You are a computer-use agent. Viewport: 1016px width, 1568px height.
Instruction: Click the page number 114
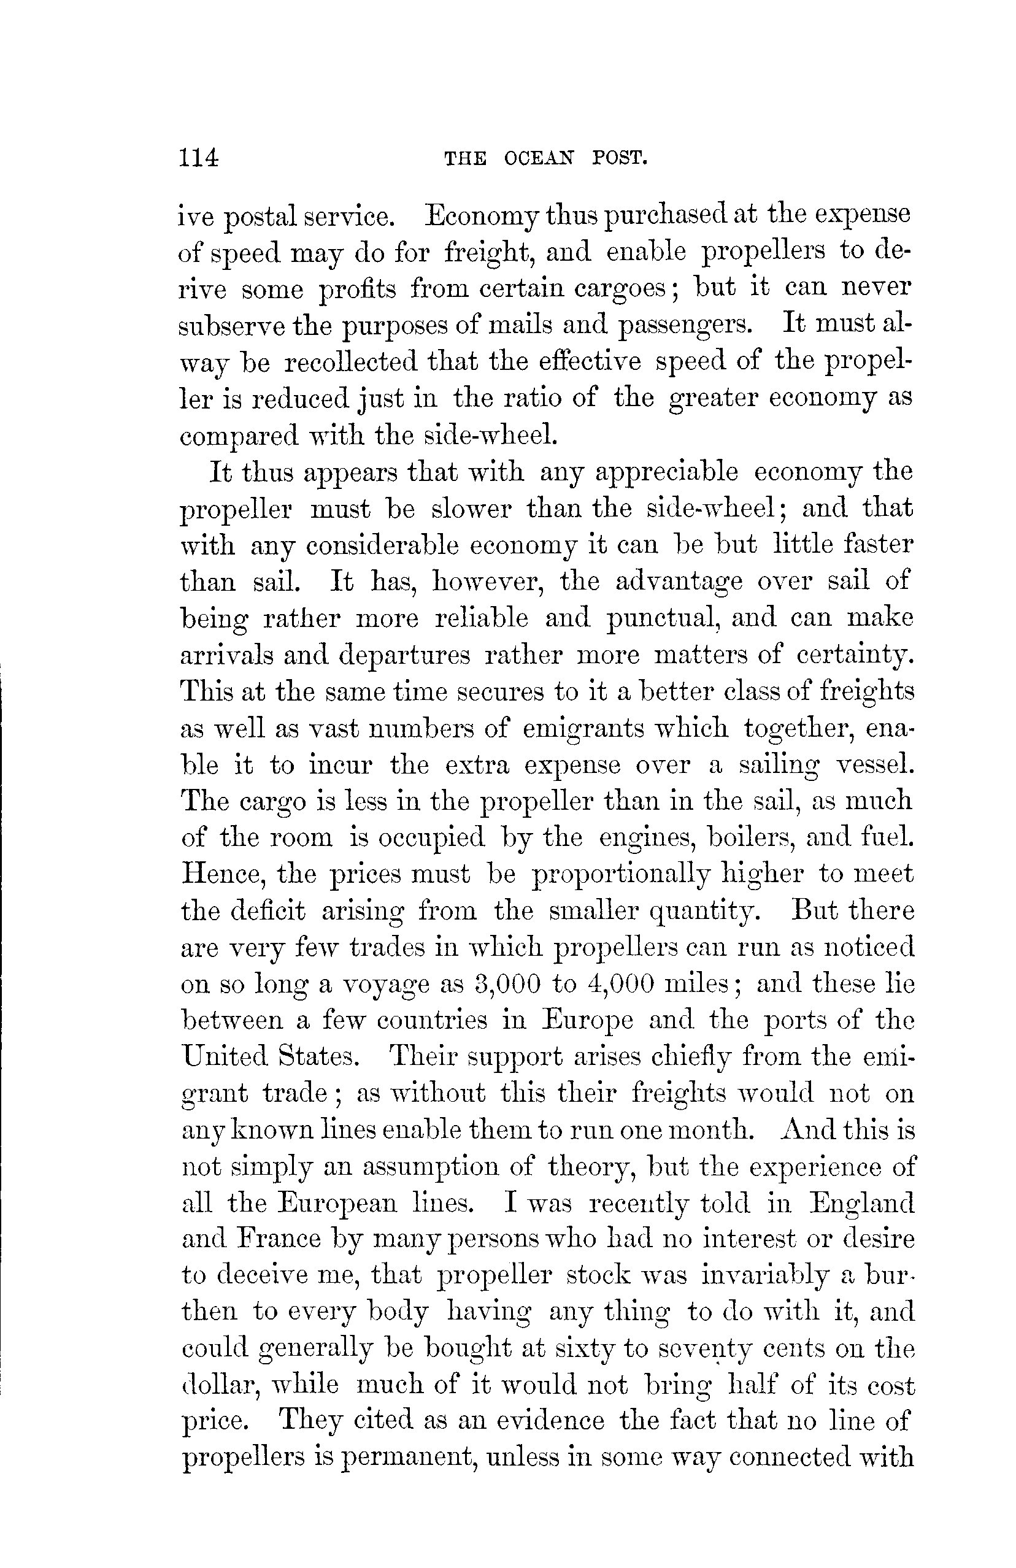point(198,158)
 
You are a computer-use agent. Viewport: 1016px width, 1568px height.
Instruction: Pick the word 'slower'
point(471,509)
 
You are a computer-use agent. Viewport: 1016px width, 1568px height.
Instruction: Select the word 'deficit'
point(268,910)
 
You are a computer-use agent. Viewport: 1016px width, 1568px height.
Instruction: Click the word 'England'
point(861,1203)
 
